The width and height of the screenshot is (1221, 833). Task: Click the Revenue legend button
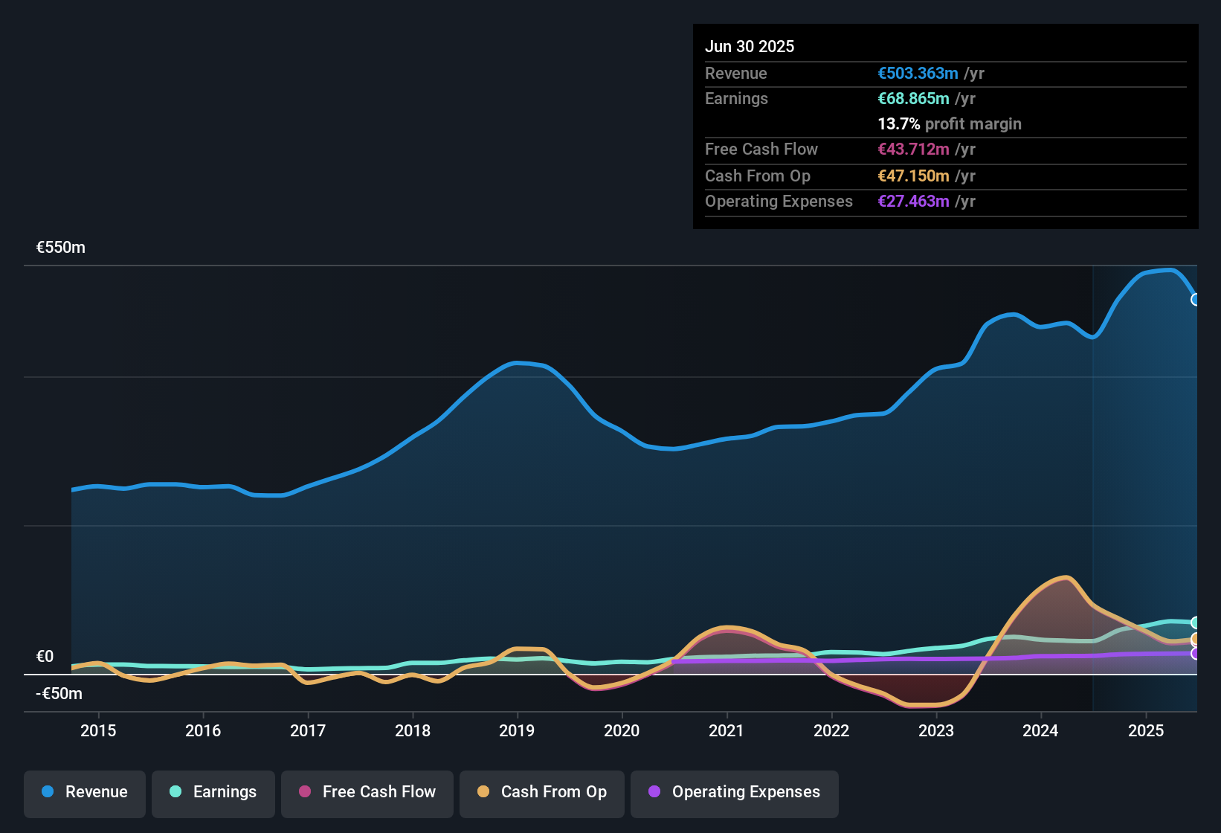tap(85, 792)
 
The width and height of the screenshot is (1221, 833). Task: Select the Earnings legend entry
tap(213, 792)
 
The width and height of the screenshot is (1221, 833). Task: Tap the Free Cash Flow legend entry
tap(367, 792)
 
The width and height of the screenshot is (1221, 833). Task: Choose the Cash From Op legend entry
tap(542, 792)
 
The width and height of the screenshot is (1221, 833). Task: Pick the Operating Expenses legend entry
tap(735, 792)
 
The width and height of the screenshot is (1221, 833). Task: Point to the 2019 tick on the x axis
tap(517, 730)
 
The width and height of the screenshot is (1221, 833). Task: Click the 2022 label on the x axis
tap(831, 730)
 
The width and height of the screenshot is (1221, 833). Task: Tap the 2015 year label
tap(98, 730)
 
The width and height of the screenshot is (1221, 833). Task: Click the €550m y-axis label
tap(61, 248)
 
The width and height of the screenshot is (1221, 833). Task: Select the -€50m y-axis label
tap(59, 694)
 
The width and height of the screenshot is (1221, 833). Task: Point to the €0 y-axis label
tap(45, 657)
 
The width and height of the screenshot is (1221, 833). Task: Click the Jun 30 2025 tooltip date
tap(750, 47)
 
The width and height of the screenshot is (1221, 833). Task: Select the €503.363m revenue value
tap(918, 74)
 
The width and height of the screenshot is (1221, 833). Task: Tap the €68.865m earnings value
tap(913, 99)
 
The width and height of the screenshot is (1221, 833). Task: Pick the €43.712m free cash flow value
tap(913, 149)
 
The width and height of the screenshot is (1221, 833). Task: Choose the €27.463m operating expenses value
tap(913, 202)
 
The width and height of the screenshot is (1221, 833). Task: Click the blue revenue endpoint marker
tap(1196, 300)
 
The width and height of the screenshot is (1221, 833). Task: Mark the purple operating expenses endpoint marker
tap(1196, 654)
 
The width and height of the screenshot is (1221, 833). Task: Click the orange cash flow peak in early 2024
tap(1066, 578)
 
